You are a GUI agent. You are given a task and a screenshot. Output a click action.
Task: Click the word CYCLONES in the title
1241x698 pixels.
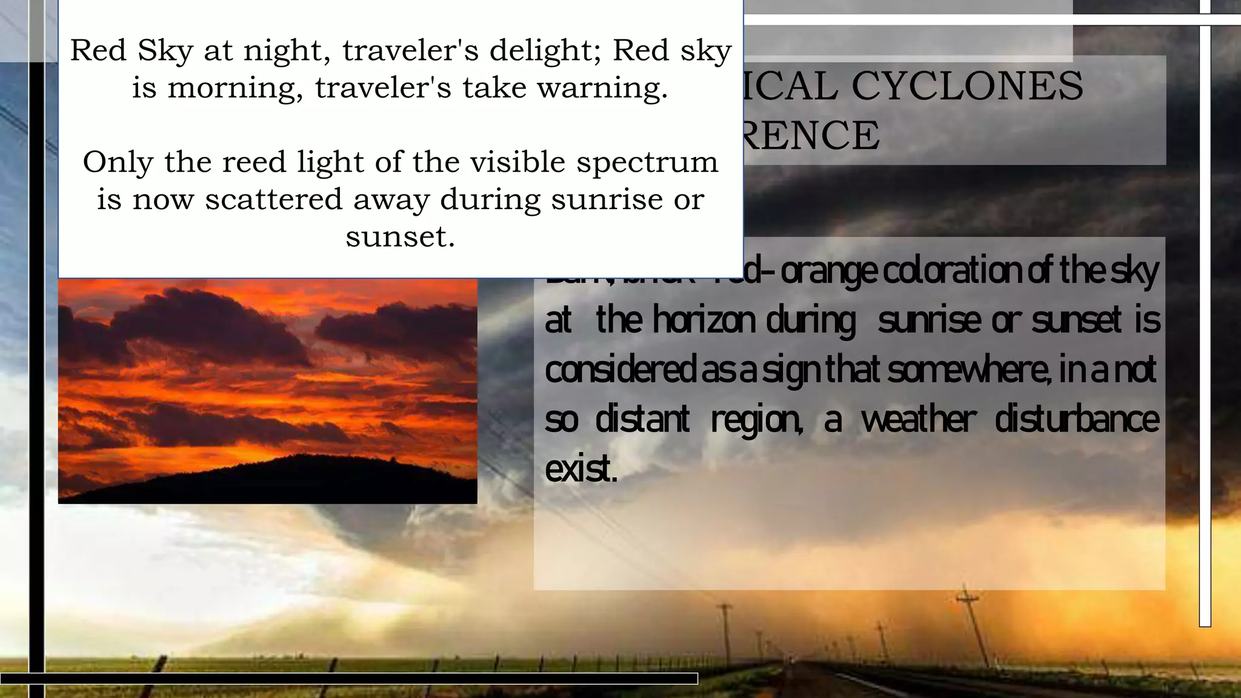(x=967, y=85)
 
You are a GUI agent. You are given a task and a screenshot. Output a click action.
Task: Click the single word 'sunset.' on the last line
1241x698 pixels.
(x=400, y=236)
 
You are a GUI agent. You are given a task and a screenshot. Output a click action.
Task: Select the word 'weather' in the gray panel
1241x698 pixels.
(x=919, y=419)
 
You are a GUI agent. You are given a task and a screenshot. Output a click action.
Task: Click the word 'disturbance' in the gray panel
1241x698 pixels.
(x=1077, y=419)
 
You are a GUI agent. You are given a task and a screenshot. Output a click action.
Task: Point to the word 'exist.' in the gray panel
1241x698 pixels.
(x=581, y=469)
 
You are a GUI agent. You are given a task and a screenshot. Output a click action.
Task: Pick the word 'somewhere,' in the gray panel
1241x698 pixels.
(x=970, y=370)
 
